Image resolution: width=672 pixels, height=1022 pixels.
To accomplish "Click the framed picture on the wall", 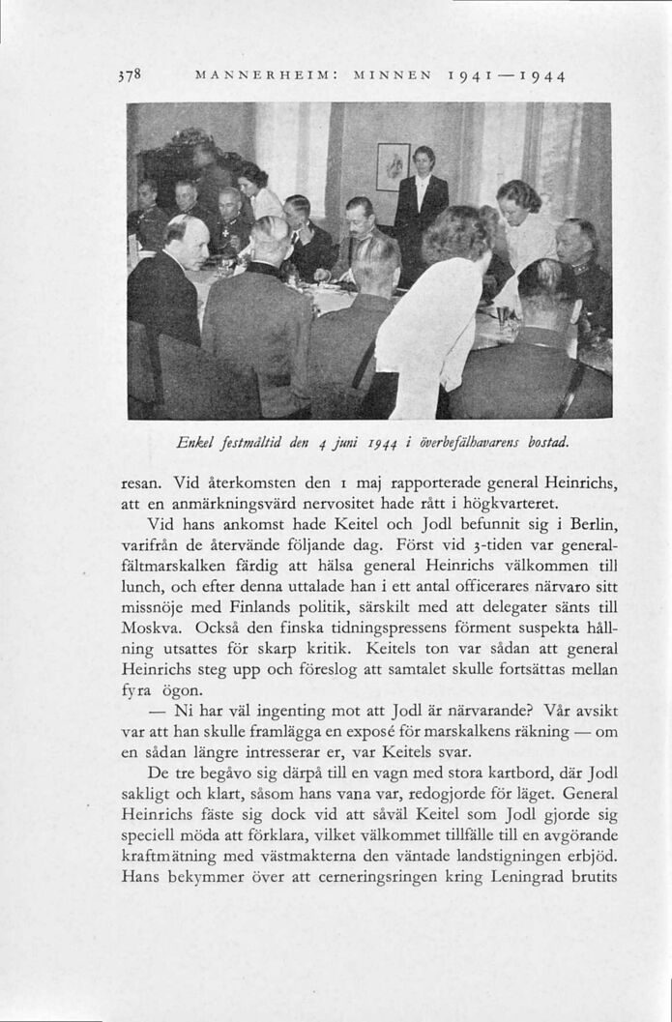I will coord(393,166).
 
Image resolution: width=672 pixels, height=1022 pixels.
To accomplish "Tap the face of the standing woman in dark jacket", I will coord(424,159).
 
